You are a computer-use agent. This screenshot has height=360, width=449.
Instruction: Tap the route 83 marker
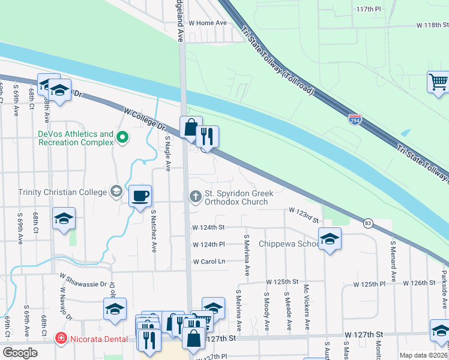(x=367, y=223)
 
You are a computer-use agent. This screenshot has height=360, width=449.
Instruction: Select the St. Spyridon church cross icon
(x=196, y=196)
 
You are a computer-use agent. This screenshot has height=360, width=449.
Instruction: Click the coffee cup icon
(x=140, y=195)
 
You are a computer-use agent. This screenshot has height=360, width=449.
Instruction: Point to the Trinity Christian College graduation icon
(x=117, y=192)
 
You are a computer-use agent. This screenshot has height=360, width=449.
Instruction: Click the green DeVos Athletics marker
(x=122, y=138)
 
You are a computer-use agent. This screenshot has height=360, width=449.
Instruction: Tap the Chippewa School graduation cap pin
(x=330, y=239)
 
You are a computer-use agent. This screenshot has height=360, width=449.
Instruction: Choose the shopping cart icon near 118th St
(x=438, y=81)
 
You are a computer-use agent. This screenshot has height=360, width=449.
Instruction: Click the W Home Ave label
(x=208, y=23)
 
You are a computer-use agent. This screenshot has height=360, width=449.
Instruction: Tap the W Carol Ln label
(x=208, y=262)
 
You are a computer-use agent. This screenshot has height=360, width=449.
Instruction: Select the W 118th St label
(x=433, y=26)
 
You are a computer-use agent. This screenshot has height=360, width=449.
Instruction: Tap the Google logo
(x=20, y=353)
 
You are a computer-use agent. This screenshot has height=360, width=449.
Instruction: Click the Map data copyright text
(x=424, y=355)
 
